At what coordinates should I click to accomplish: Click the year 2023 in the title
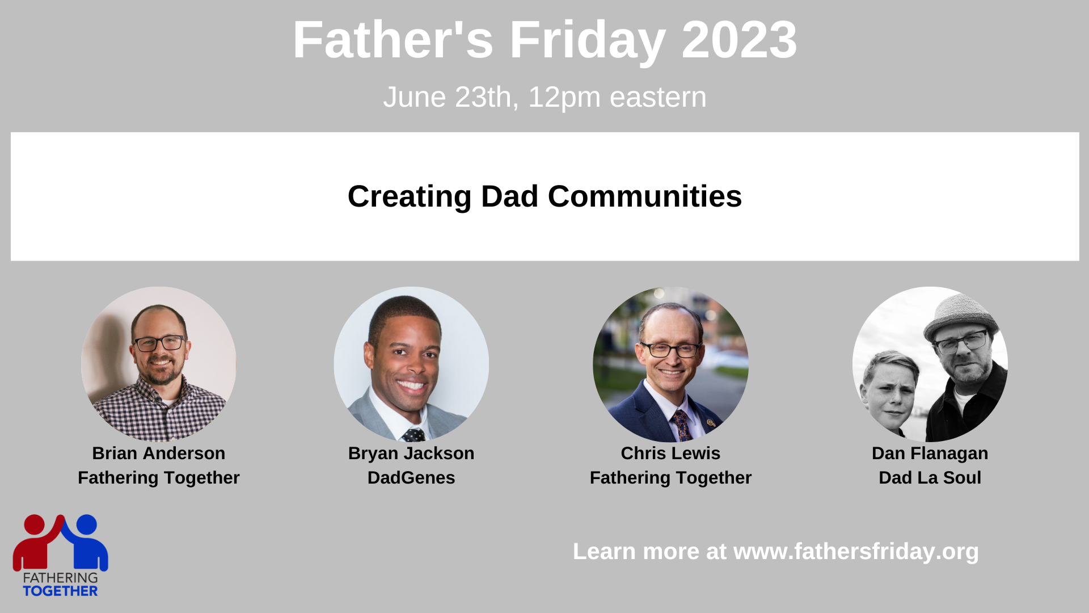tap(739, 40)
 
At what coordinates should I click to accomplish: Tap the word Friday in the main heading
tap(588, 41)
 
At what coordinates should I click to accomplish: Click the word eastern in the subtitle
tap(658, 97)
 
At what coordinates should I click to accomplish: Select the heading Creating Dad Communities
tap(544, 196)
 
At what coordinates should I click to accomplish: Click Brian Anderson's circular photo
tap(159, 364)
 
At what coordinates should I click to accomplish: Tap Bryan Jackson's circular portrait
tap(411, 364)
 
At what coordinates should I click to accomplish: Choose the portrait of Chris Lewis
tap(670, 364)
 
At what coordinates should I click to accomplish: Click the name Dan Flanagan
tap(930, 454)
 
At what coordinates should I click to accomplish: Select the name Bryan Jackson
tap(411, 454)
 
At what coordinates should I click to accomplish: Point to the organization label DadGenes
tap(411, 478)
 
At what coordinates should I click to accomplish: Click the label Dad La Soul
tap(930, 478)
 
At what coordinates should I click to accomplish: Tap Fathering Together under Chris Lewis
tap(670, 478)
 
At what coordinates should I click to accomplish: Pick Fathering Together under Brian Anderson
tap(159, 478)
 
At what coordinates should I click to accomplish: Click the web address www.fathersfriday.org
tap(856, 552)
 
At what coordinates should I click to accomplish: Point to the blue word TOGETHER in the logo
tap(60, 591)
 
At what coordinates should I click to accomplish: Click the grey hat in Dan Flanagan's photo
tap(961, 316)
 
